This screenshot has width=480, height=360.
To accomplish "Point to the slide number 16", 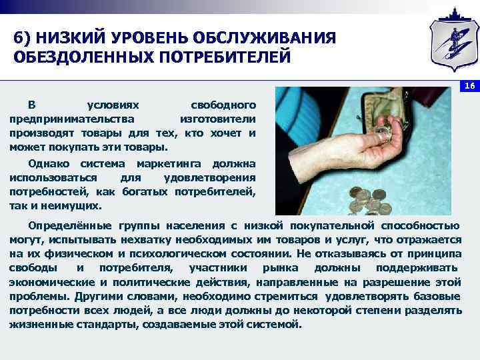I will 469,86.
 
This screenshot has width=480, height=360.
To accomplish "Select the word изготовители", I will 218,119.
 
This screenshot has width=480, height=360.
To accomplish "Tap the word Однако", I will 50,163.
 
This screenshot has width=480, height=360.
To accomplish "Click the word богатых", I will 143,192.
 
